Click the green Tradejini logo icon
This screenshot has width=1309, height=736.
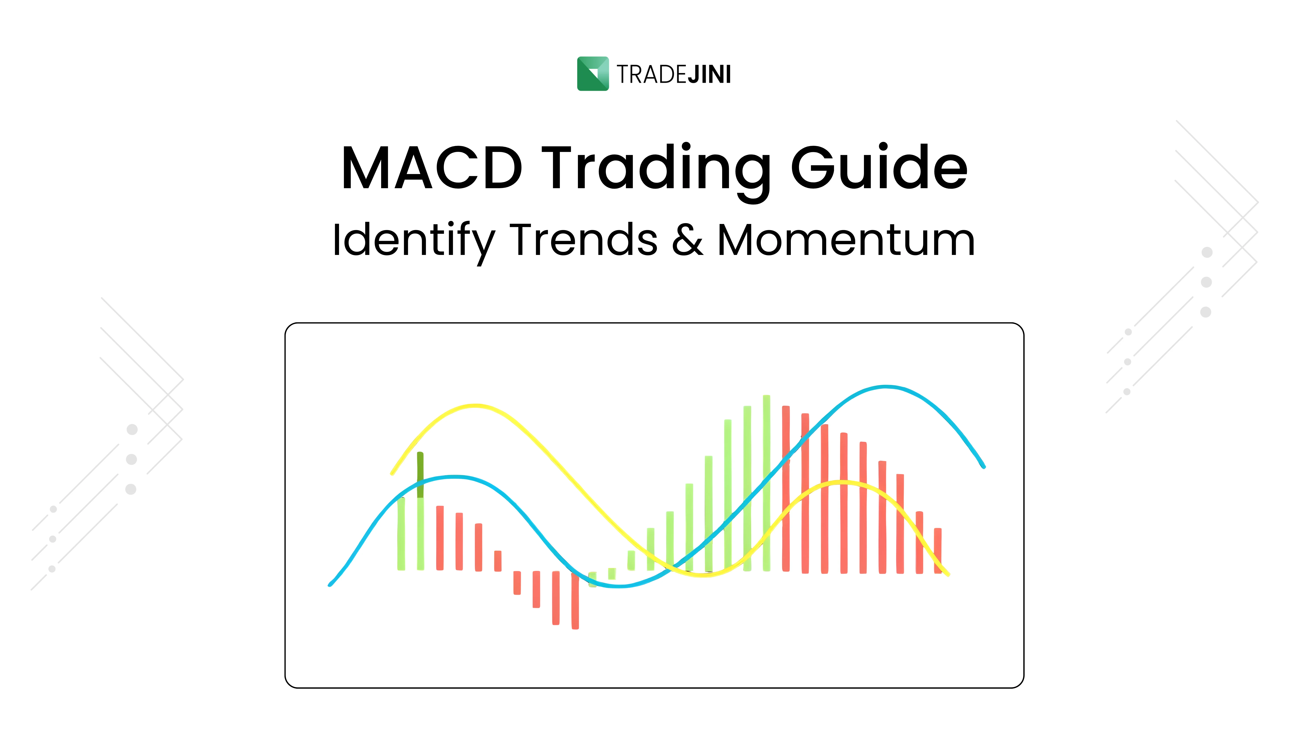click(x=593, y=74)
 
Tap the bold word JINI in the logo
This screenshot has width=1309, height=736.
click(x=709, y=75)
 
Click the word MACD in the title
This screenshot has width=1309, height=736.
click(x=432, y=168)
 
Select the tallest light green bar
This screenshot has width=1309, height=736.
click(x=766, y=483)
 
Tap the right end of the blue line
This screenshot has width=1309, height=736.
click(x=984, y=466)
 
